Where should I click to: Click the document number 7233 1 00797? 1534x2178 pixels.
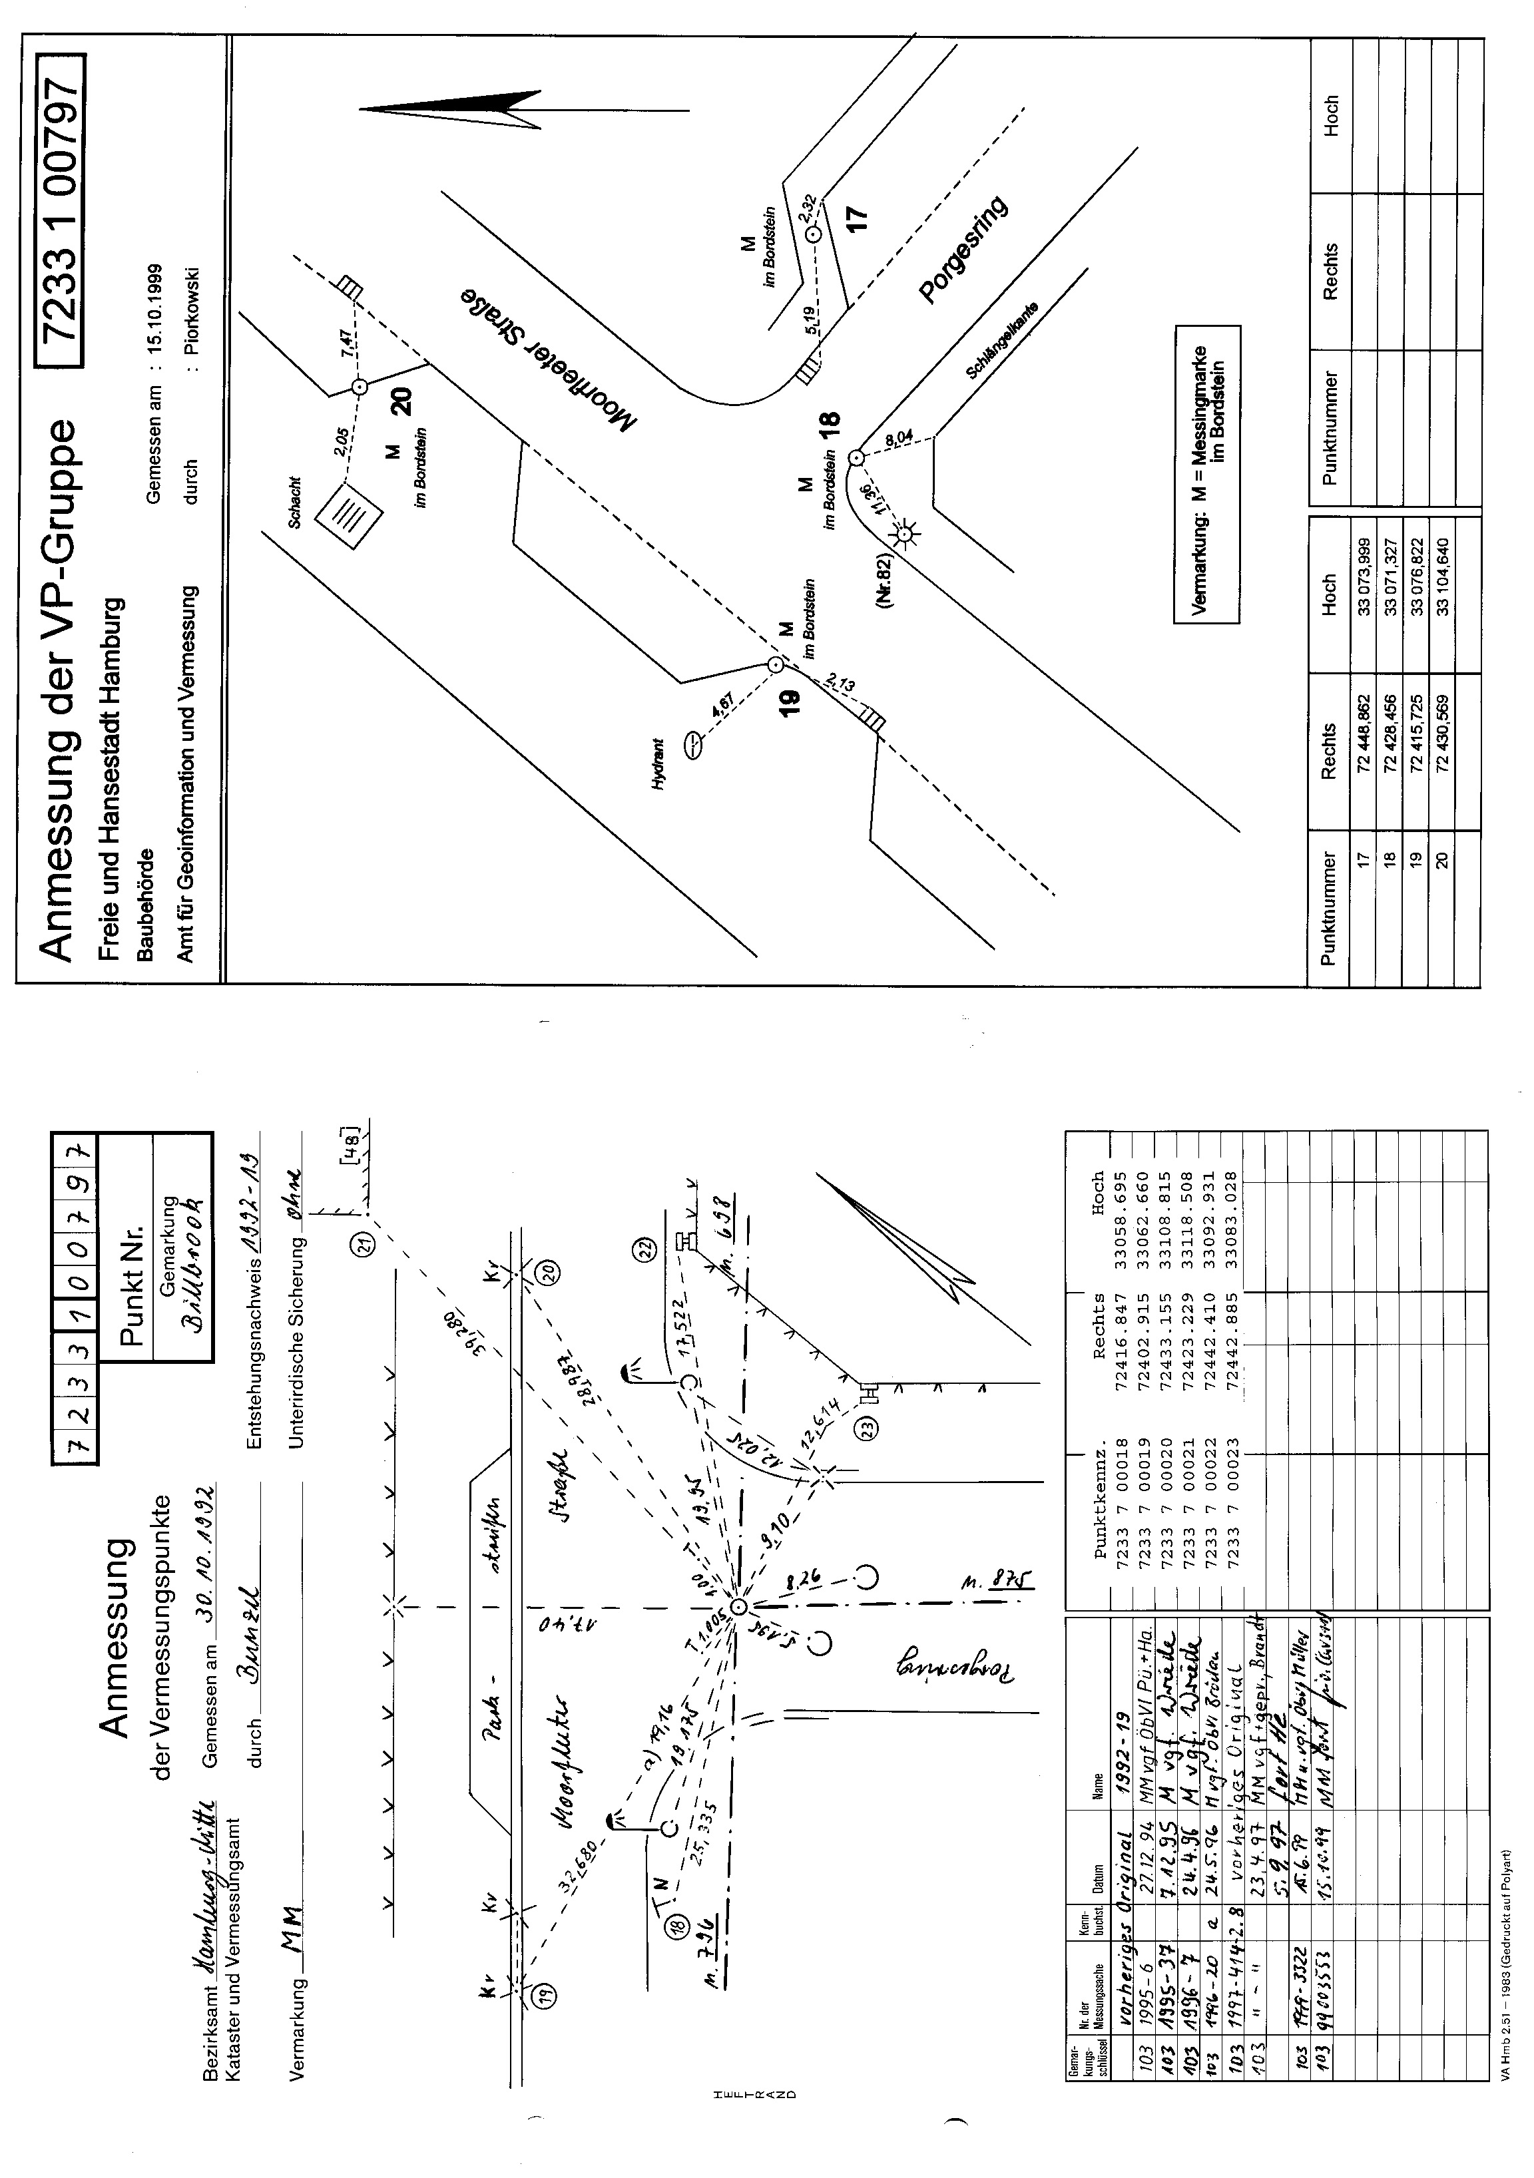pos(60,210)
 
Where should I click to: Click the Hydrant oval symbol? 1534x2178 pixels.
pos(694,745)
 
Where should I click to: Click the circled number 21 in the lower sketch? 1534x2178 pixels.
pos(366,1243)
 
